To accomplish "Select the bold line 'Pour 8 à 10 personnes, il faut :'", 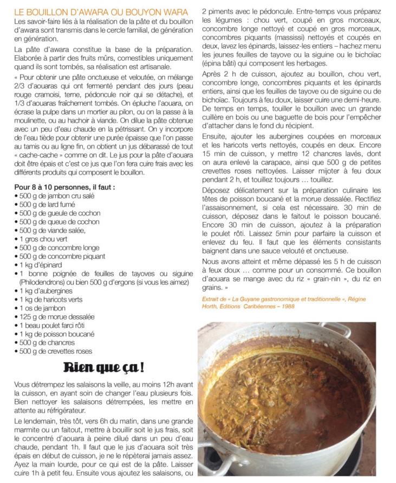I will point(65,187).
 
